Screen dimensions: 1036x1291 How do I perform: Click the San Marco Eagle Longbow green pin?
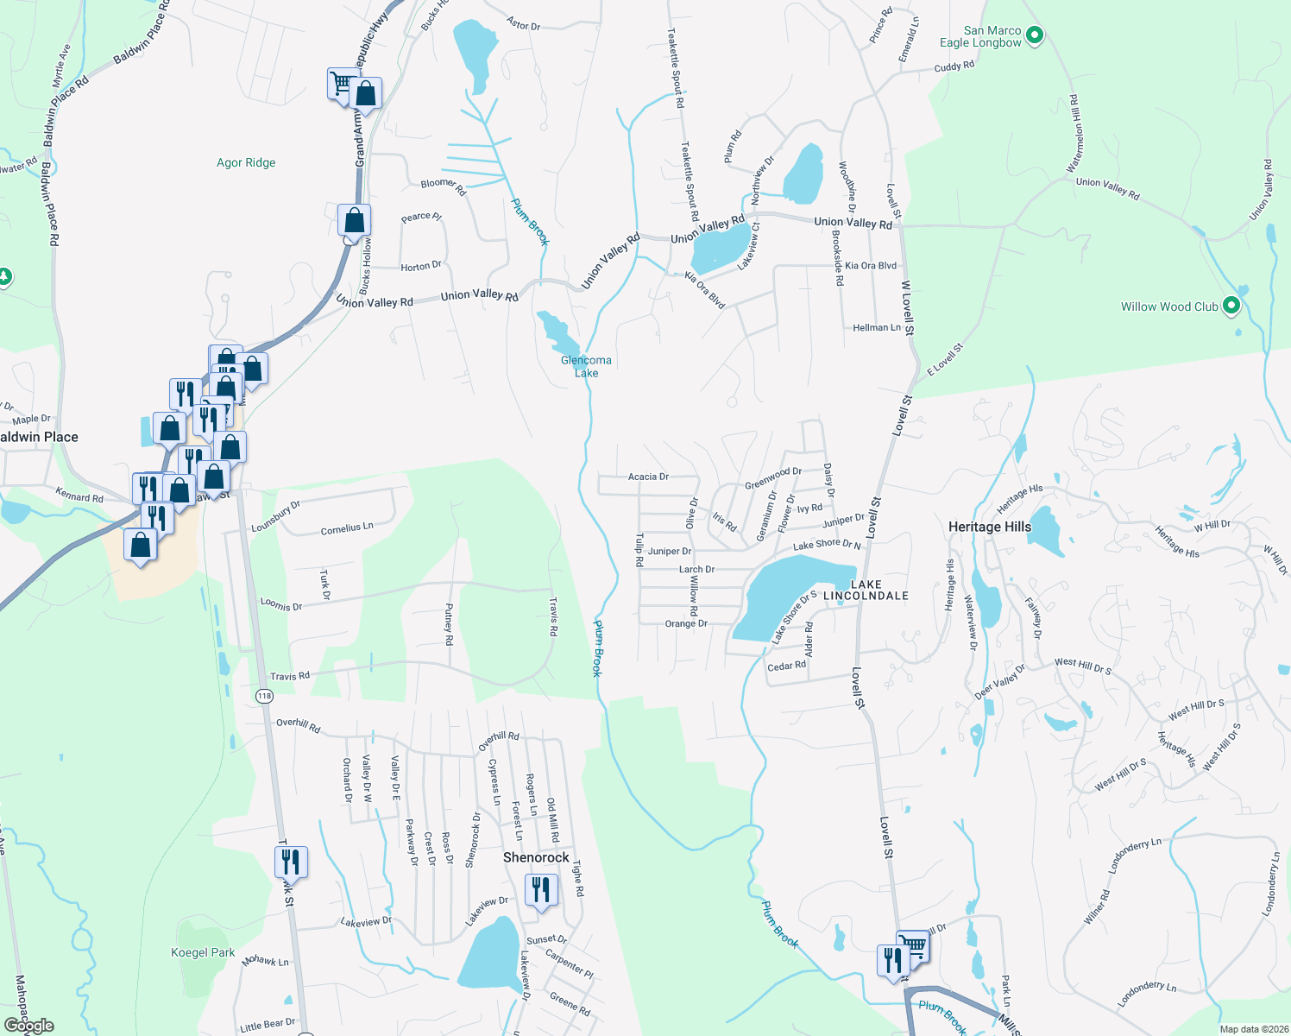pyautogui.click(x=1036, y=36)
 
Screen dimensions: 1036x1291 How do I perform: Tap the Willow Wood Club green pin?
pyautogui.click(x=1231, y=306)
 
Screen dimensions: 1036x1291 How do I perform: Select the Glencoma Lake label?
pyautogui.click(x=586, y=366)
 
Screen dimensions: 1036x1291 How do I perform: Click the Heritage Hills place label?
pyautogui.click(x=989, y=527)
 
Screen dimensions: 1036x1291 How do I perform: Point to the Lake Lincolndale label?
pyautogui.click(x=866, y=591)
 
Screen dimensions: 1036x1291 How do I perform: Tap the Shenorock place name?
pyautogui.click(x=536, y=857)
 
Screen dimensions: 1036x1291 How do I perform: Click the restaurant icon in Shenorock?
pyautogui.click(x=541, y=888)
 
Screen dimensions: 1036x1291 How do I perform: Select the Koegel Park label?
pyautogui.click(x=203, y=952)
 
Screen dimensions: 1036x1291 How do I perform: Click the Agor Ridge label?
pyautogui.click(x=246, y=162)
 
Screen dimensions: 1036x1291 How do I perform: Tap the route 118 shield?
pyautogui.click(x=264, y=696)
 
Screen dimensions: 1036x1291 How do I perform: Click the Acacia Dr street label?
pyautogui.click(x=648, y=477)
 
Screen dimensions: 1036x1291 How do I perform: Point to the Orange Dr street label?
pyautogui.click(x=686, y=623)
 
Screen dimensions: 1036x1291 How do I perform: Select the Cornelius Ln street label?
pyautogui.click(x=347, y=528)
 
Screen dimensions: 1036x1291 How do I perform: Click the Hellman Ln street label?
pyautogui.click(x=876, y=328)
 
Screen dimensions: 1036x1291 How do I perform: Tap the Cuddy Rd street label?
pyautogui.click(x=954, y=66)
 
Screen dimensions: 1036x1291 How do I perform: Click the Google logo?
pyautogui.click(x=29, y=1026)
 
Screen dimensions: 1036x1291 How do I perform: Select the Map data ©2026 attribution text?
pyautogui.click(x=1250, y=1029)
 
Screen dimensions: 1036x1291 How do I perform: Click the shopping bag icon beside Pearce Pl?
pyautogui.click(x=354, y=220)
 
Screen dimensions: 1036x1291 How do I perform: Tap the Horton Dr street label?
pyautogui.click(x=421, y=267)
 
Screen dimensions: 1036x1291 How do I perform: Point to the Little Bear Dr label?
pyautogui.click(x=268, y=1025)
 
